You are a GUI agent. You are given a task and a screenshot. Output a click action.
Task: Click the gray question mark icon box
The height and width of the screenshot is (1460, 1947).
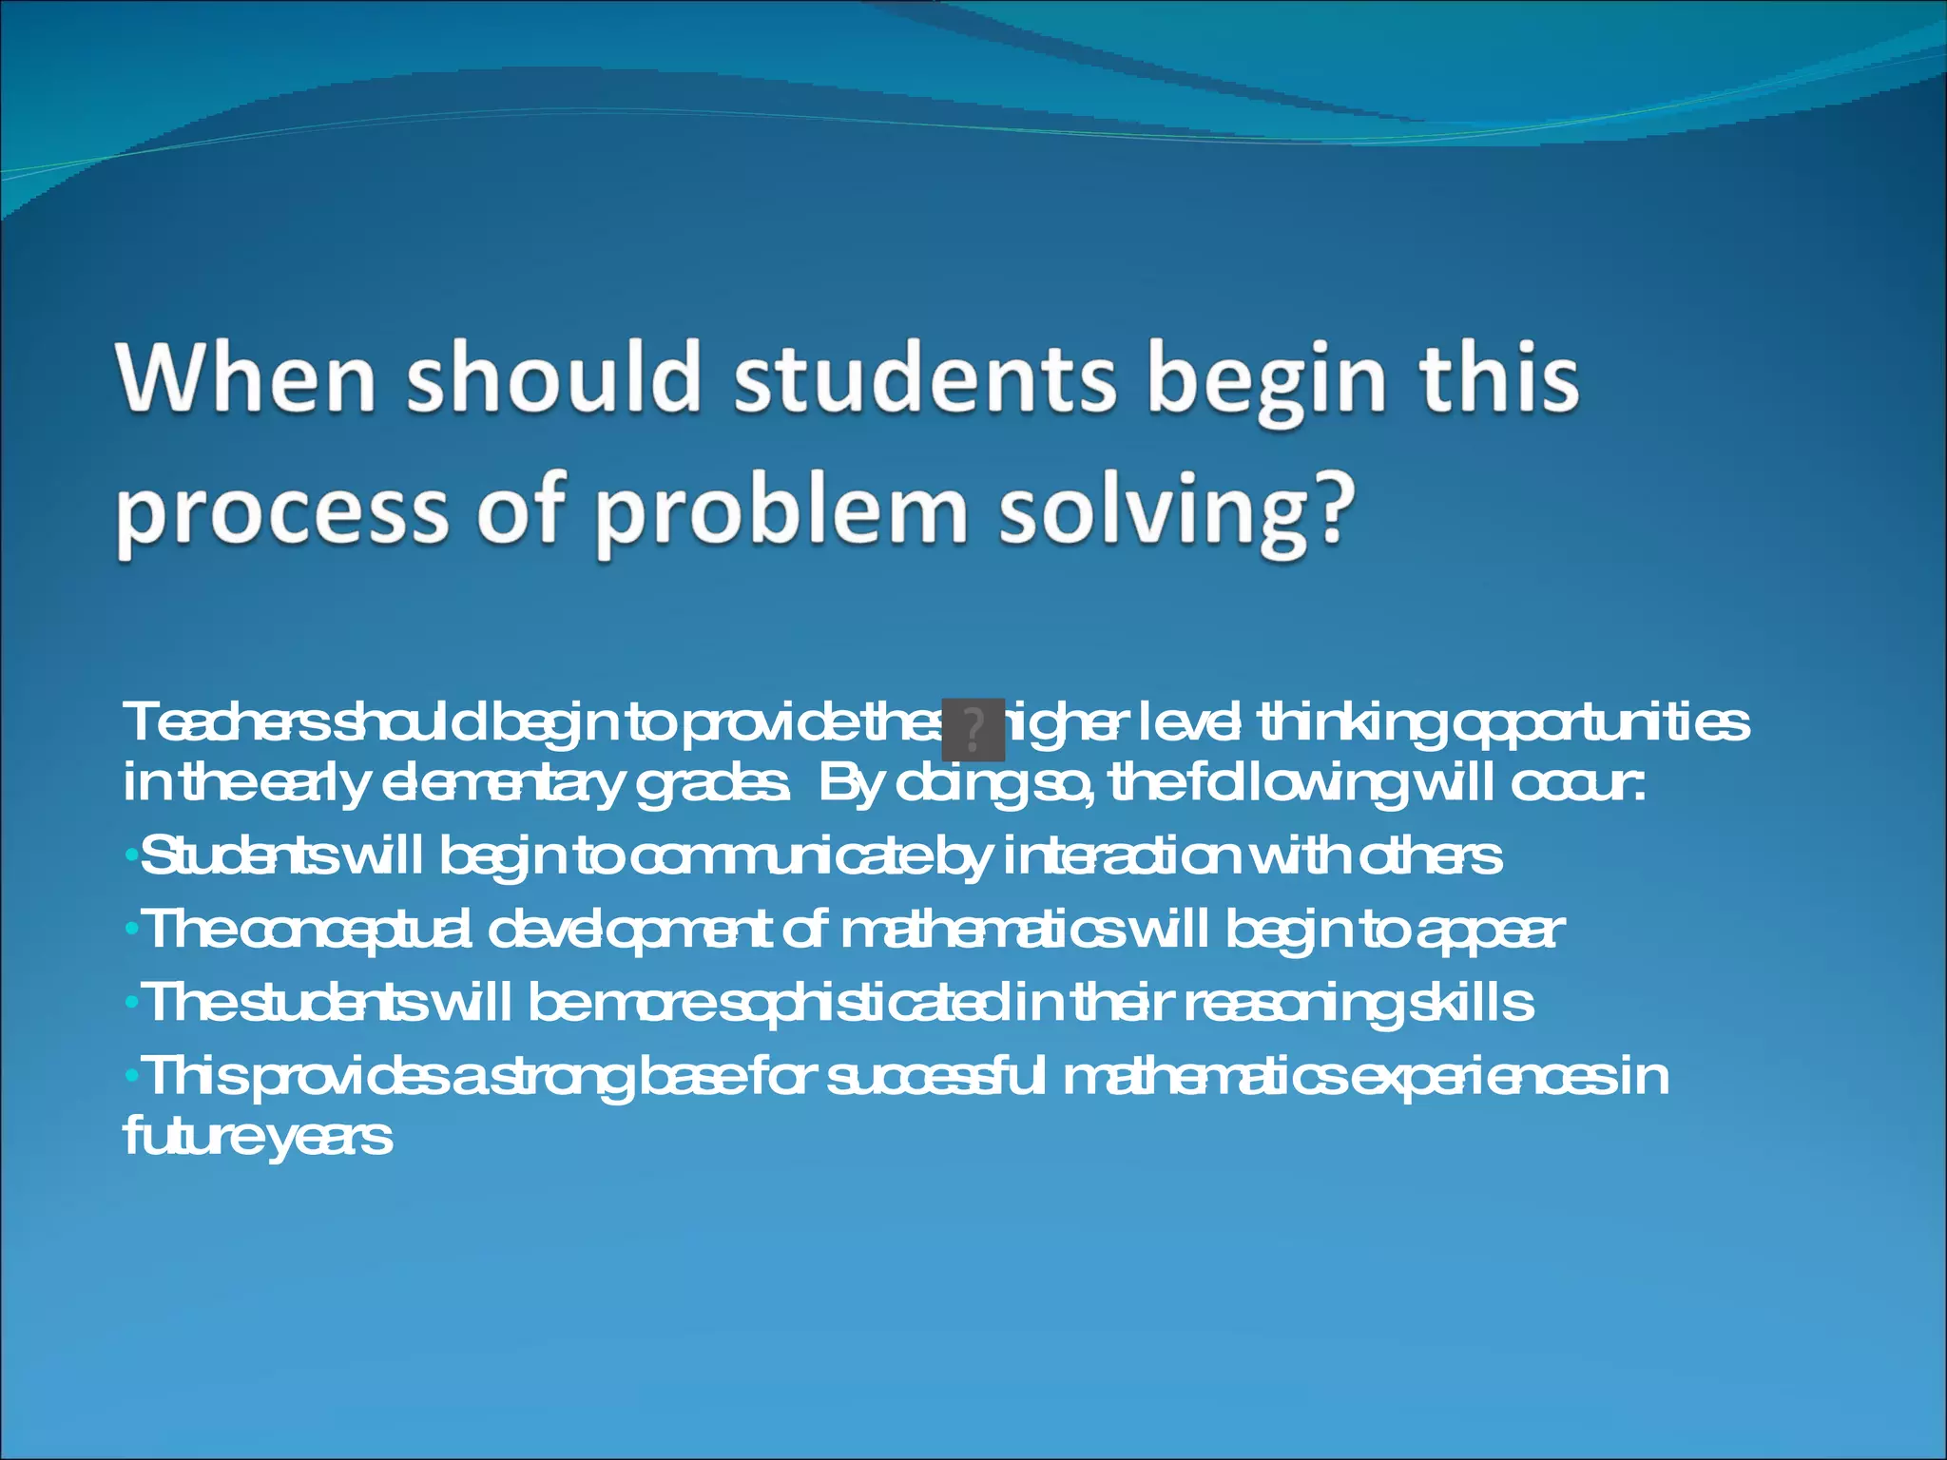(x=973, y=729)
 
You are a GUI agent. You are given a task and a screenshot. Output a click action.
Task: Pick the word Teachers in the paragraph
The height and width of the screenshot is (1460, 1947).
(x=227, y=722)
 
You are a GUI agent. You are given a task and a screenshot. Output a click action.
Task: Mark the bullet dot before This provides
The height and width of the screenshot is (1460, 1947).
(x=131, y=1077)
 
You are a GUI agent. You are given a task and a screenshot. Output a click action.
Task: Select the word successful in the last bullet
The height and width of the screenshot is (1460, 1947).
(x=935, y=1077)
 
